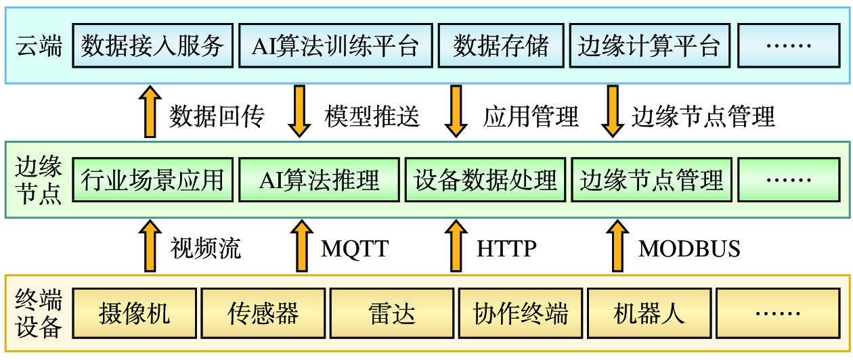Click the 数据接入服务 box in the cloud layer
(x=153, y=45)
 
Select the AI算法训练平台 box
(x=336, y=45)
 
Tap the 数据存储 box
(x=501, y=45)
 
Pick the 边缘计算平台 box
(x=650, y=45)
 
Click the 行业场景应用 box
(x=153, y=179)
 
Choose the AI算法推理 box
(x=319, y=179)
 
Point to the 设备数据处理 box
(x=485, y=179)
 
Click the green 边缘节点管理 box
(x=651, y=179)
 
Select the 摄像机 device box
(x=135, y=313)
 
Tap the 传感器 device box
(x=263, y=313)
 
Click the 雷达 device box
(x=392, y=313)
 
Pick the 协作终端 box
(x=521, y=313)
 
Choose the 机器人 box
(x=649, y=313)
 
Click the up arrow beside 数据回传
(x=150, y=112)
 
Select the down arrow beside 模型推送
(x=299, y=112)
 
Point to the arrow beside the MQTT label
(x=302, y=246)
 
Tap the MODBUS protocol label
(x=689, y=249)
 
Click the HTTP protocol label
(x=506, y=249)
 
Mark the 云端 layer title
(x=39, y=46)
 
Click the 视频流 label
(x=206, y=248)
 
